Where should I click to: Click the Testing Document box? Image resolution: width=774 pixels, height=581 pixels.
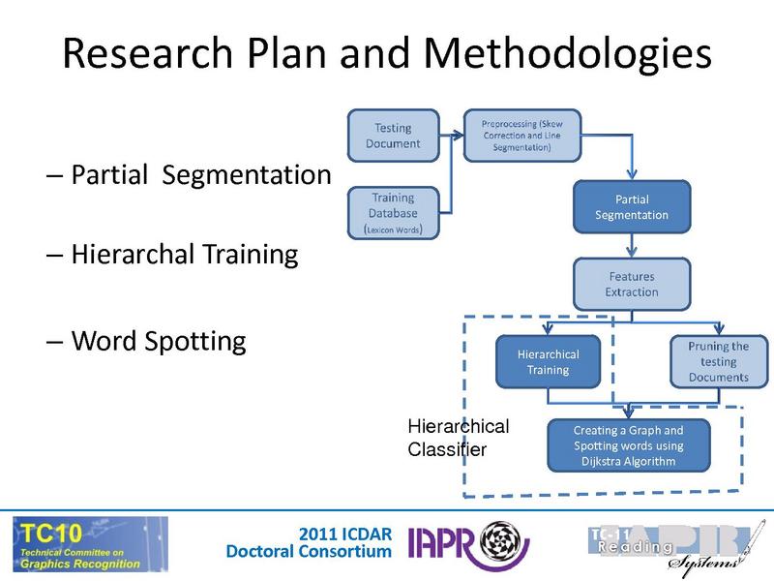point(393,136)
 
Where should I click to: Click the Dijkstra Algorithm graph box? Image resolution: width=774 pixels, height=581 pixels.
point(629,445)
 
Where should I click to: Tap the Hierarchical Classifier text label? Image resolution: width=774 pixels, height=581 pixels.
point(458,438)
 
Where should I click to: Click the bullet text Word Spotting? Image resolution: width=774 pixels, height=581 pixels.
point(158,341)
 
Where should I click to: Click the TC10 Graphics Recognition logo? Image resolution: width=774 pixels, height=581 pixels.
point(90,543)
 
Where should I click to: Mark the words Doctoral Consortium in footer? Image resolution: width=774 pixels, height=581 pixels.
point(310,552)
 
